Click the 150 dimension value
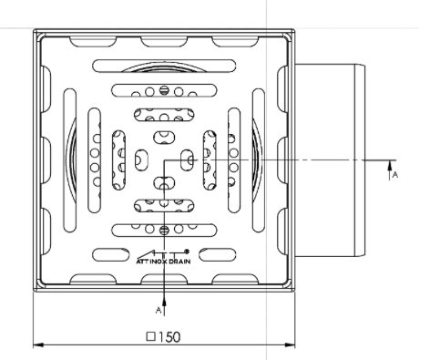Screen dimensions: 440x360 (169, 337)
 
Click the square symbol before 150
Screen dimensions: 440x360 (151, 336)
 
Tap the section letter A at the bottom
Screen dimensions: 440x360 (159, 310)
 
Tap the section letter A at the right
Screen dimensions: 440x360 (394, 175)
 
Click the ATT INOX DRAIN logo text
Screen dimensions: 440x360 (163, 262)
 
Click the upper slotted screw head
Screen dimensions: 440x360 (164, 90)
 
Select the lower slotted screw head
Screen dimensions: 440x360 (164, 231)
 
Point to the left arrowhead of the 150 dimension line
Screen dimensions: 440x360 (38, 345)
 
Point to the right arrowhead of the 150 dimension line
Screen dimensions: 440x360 (289, 345)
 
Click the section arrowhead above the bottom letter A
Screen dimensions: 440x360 (164, 303)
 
